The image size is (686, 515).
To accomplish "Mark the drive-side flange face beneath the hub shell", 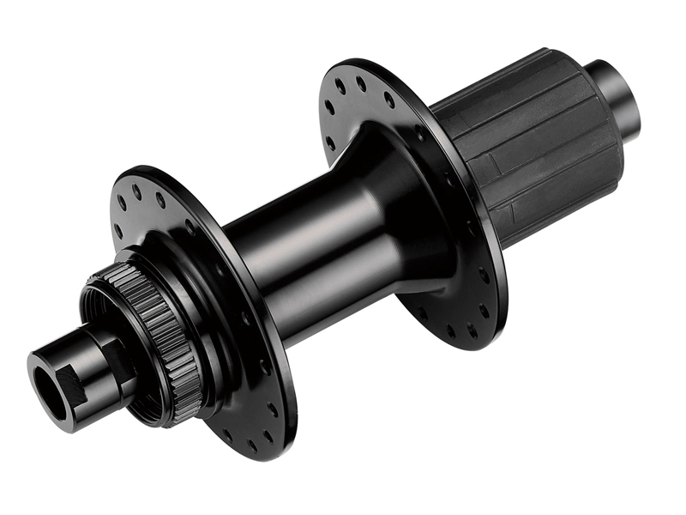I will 446,292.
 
